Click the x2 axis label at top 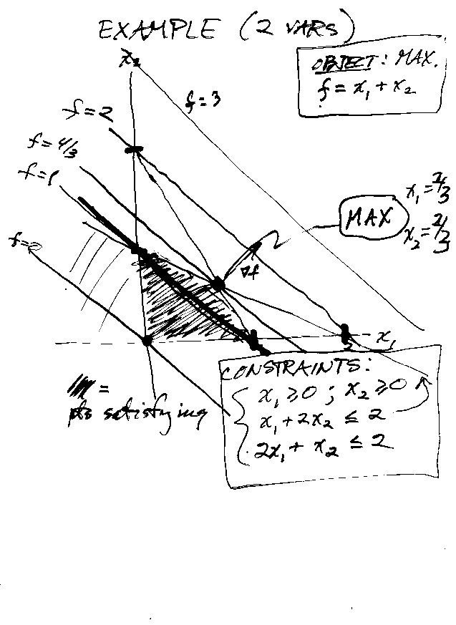tap(130, 59)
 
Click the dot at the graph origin tap(147, 340)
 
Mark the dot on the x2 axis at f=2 tap(134, 150)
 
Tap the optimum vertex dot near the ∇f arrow tap(218, 284)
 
